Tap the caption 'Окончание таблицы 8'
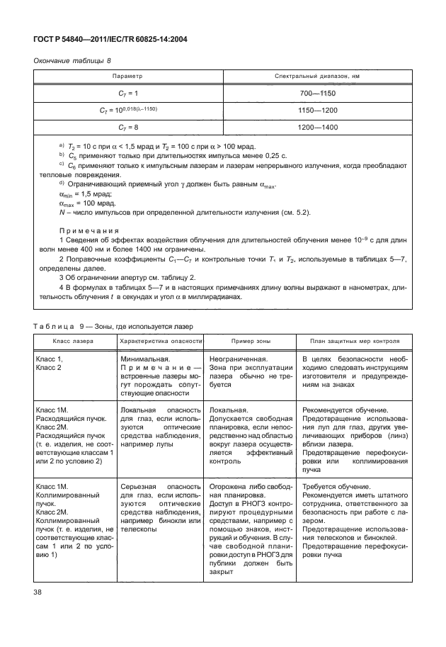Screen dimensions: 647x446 [x=73, y=61]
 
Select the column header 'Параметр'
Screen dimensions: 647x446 [x=128, y=75]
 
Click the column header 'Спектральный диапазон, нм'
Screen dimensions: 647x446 [x=317, y=75]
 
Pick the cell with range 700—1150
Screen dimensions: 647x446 [x=317, y=93]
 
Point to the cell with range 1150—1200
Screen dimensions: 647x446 [x=317, y=110]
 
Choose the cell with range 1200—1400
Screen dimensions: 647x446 [x=317, y=128]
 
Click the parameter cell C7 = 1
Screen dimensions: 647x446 [x=128, y=93]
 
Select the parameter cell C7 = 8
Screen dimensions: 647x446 [x=128, y=128]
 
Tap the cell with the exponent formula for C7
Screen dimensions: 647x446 [x=128, y=110]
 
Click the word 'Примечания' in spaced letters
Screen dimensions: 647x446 [x=88, y=231]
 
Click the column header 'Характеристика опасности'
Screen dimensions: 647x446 [x=161, y=340]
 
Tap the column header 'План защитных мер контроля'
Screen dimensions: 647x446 [x=353, y=340]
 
